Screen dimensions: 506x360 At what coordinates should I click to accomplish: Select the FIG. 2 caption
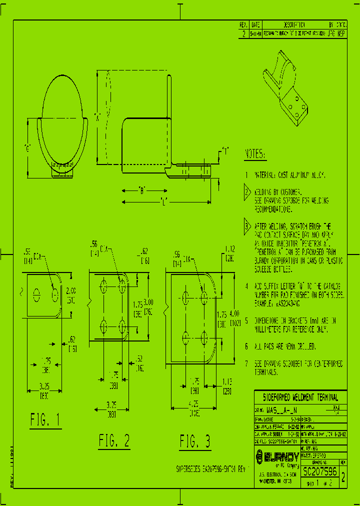(x=114, y=440)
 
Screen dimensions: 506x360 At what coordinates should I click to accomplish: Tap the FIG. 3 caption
(x=194, y=441)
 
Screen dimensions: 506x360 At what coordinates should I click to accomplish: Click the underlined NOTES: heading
(x=256, y=154)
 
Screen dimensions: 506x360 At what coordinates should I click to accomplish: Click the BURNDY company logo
(x=277, y=456)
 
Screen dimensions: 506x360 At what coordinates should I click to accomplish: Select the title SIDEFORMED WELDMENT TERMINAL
(x=300, y=398)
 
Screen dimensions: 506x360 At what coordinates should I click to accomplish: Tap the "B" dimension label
(x=142, y=190)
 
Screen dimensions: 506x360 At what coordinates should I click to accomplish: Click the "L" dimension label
(x=163, y=201)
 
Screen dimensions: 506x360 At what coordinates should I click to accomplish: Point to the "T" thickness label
(x=225, y=150)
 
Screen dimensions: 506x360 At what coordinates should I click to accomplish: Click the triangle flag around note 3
(x=246, y=226)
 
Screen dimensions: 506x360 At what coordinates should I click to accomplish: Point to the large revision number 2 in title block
(x=342, y=477)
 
